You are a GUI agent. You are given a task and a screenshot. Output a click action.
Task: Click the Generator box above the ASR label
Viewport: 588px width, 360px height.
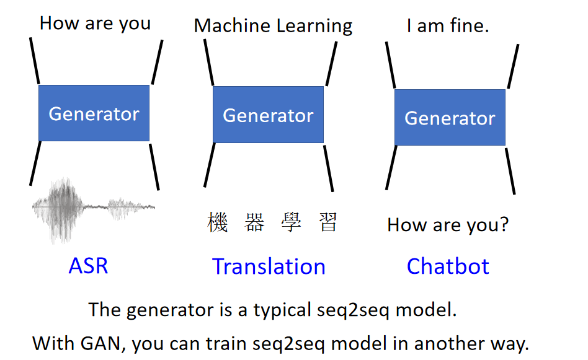(x=94, y=113)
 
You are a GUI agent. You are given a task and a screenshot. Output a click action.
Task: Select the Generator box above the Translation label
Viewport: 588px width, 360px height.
(x=268, y=115)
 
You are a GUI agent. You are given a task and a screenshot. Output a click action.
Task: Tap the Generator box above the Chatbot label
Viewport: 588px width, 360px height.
(x=450, y=117)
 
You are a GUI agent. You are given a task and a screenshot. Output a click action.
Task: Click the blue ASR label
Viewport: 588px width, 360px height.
(x=88, y=266)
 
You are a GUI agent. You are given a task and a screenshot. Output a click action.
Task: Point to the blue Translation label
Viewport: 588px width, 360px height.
(x=269, y=266)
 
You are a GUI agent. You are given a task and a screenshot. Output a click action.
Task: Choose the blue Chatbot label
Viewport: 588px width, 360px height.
(x=448, y=266)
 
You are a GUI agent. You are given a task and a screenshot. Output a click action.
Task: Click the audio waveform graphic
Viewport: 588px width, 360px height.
(x=94, y=210)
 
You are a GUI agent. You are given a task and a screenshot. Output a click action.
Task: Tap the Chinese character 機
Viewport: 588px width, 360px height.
(x=218, y=222)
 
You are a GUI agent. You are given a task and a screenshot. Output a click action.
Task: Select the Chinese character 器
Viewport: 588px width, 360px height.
(x=254, y=222)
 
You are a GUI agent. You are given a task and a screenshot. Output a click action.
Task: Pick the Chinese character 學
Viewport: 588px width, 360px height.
(x=292, y=222)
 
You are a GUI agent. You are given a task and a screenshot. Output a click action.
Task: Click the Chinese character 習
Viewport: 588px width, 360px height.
(x=328, y=222)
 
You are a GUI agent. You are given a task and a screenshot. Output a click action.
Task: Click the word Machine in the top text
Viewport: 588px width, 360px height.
(x=232, y=26)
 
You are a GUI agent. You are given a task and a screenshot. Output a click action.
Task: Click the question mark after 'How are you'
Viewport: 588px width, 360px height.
(x=504, y=224)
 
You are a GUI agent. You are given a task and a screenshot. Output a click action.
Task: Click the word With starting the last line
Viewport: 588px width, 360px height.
(x=53, y=343)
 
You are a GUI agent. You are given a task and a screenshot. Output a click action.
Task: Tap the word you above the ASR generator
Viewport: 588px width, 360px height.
(x=135, y=24)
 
